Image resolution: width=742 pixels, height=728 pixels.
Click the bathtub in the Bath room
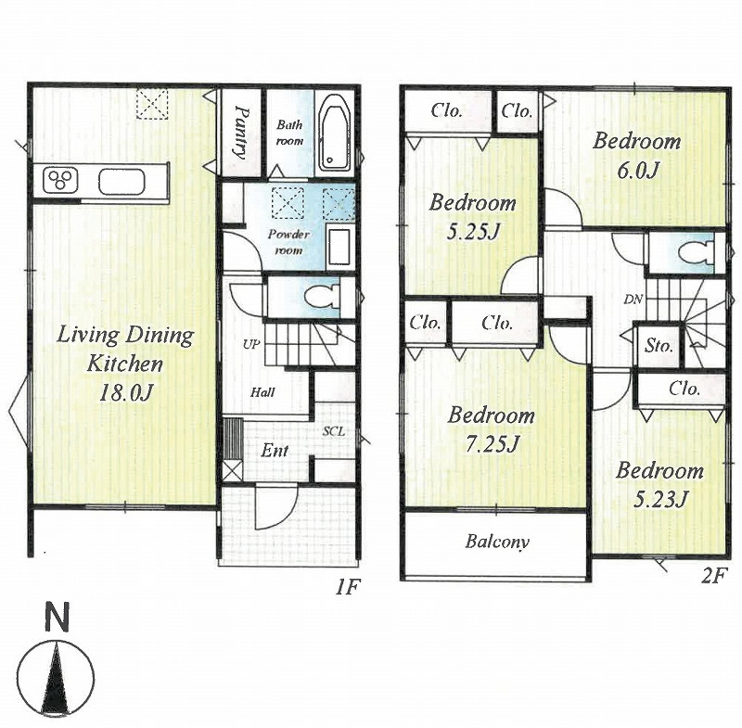pos(335,137)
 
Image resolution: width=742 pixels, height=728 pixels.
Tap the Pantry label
pos(241,133)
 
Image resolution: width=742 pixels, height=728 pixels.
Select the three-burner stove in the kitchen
pos(60,181)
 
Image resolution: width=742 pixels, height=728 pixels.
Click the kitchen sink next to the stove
pos(121,181)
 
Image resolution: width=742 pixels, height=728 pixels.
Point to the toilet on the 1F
pos(321,297)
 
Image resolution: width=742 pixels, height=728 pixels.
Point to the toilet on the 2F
pos(696,252)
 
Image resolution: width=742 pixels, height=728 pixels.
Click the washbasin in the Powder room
pos(339,247)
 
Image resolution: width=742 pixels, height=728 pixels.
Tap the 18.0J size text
pos(125,392)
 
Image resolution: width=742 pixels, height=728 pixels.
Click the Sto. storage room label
pos(659,346)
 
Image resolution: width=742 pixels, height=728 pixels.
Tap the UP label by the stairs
pos(251,345)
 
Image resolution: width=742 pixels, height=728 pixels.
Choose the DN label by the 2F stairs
pos(633,300)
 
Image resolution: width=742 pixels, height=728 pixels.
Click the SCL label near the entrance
pos(334,431)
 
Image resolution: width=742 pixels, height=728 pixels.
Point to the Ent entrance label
pos(275,451)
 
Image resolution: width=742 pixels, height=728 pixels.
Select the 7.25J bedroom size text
pos(491,444)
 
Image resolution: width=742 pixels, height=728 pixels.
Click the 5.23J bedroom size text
pos(658,500)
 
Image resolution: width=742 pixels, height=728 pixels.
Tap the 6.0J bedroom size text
pos(637,171)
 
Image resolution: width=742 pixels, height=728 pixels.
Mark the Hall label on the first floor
pos(262,392)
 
